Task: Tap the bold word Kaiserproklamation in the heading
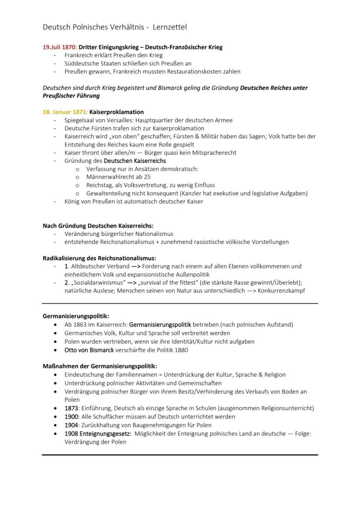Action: pyautogui.click(x=116, y=112)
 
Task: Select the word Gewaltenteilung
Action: pyautogui.click(x=110, y=193)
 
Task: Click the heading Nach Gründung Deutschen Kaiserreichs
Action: pyautogui.click(x=98, y=226)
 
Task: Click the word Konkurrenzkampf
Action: pyautogui.click(x=281, y=290)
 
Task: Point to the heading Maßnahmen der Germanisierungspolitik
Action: pyautogui.click(x=100, y=366)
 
